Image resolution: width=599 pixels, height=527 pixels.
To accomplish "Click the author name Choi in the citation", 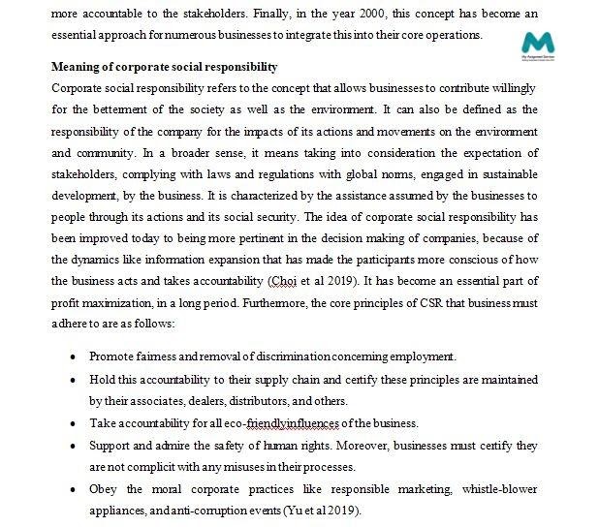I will [x=284, y=281].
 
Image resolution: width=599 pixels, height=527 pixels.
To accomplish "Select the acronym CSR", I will [x=429, y=302].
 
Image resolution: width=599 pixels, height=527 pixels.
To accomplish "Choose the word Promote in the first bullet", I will [x=111, y=356].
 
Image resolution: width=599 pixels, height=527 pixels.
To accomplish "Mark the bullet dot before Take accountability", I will [x=75, y=423].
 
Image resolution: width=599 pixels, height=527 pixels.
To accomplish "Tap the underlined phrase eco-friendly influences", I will [x=282, y=423].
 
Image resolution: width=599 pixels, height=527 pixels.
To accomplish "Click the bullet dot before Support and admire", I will [x=75, y=446].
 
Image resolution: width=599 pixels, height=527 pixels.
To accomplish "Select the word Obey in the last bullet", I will [x=104, y=488].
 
